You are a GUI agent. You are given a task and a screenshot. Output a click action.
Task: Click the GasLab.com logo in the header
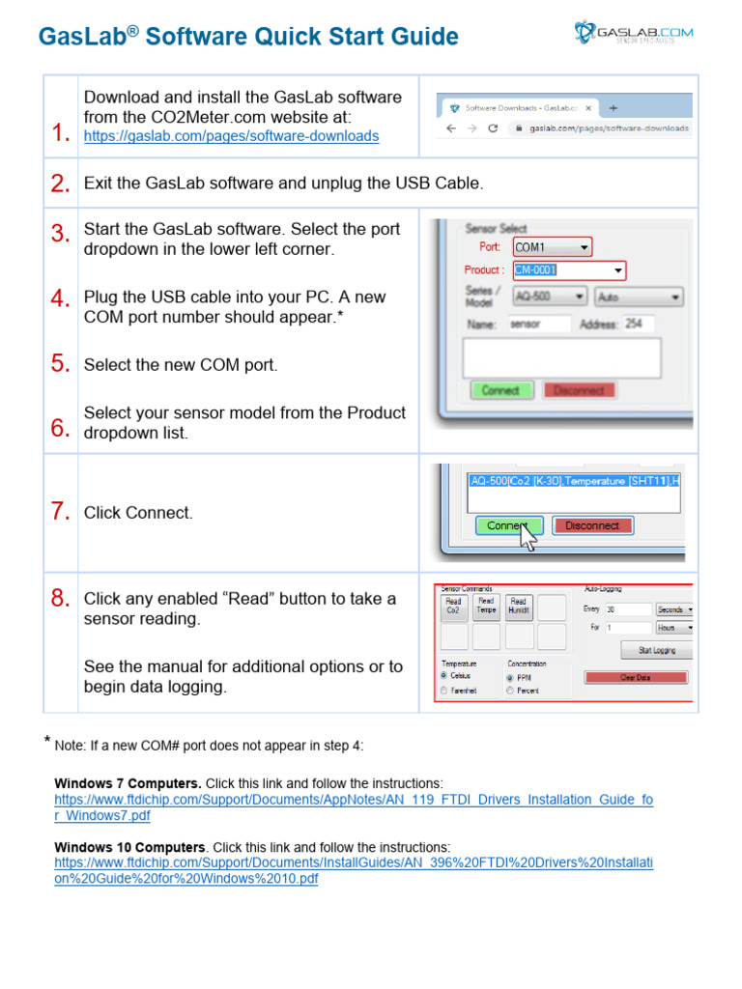click(634, 35)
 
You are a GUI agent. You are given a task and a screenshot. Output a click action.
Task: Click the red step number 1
click(61, 134)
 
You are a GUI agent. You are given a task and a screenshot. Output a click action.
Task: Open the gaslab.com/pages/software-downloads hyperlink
click(231, 136)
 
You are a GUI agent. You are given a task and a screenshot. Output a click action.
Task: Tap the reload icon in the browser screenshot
click(493, 127)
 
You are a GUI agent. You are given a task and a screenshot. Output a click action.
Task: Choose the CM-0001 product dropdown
click(568, 270)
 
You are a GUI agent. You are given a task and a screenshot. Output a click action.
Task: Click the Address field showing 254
click(638, 325)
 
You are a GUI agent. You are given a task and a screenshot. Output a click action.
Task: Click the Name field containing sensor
click(538, 325)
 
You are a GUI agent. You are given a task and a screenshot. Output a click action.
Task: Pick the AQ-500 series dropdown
click(549, 297)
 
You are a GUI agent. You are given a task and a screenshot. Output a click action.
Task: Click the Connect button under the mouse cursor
click(507, 525)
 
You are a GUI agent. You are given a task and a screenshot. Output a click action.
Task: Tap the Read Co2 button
click(453, 607)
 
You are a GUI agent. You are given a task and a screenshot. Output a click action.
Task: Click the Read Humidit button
click(519, 607)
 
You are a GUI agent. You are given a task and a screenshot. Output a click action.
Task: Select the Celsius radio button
click(444, 675)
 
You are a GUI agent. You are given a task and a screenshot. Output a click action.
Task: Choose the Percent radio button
click(511, 691)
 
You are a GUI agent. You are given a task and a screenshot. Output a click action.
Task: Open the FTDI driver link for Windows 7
click(353, 807)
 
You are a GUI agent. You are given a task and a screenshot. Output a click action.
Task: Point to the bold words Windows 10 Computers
click(129, 846)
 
